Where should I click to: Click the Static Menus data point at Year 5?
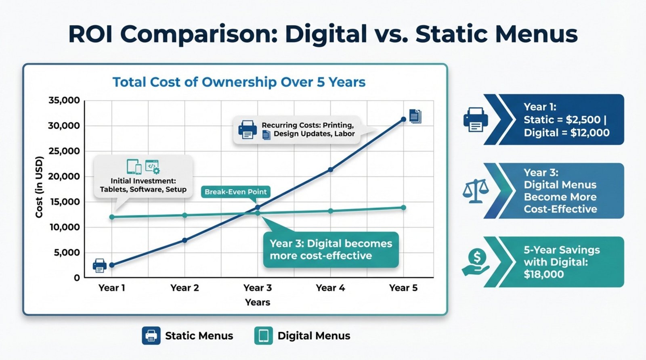[x=403, y=119]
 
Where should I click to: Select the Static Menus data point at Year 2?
[x=185, y=240]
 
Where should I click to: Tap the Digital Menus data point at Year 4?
[x=331, y=211]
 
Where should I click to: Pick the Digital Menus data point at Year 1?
[x=112, y=217]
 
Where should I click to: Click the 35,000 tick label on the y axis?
[x=64, y=100]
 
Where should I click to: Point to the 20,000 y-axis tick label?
[x=64, y=176]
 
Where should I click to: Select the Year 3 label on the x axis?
[x=258, y=288]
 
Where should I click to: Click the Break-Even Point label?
[x=235, y=192]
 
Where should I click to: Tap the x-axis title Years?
[x=258, y=302]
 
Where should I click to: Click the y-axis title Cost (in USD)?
[x=39, y=187]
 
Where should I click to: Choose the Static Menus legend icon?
[x=151, y=336]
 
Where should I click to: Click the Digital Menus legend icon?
[x=263, y=336]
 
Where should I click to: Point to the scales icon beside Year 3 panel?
[x=476, y=190]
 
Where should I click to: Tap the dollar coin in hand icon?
[x=476, y=262]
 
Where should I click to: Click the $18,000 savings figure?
[x=543, y=274]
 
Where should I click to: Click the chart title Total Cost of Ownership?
[x=239, y=82]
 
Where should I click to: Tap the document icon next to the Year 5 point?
[x=415, y=116]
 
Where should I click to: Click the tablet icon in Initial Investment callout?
[x=134, y=166]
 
